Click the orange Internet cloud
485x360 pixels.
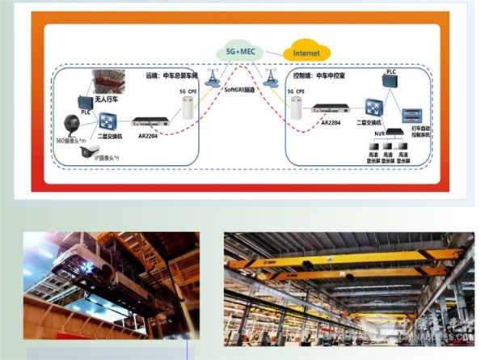(306, 53)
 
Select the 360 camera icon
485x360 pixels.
(70, 125)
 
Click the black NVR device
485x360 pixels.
(396, 131)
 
